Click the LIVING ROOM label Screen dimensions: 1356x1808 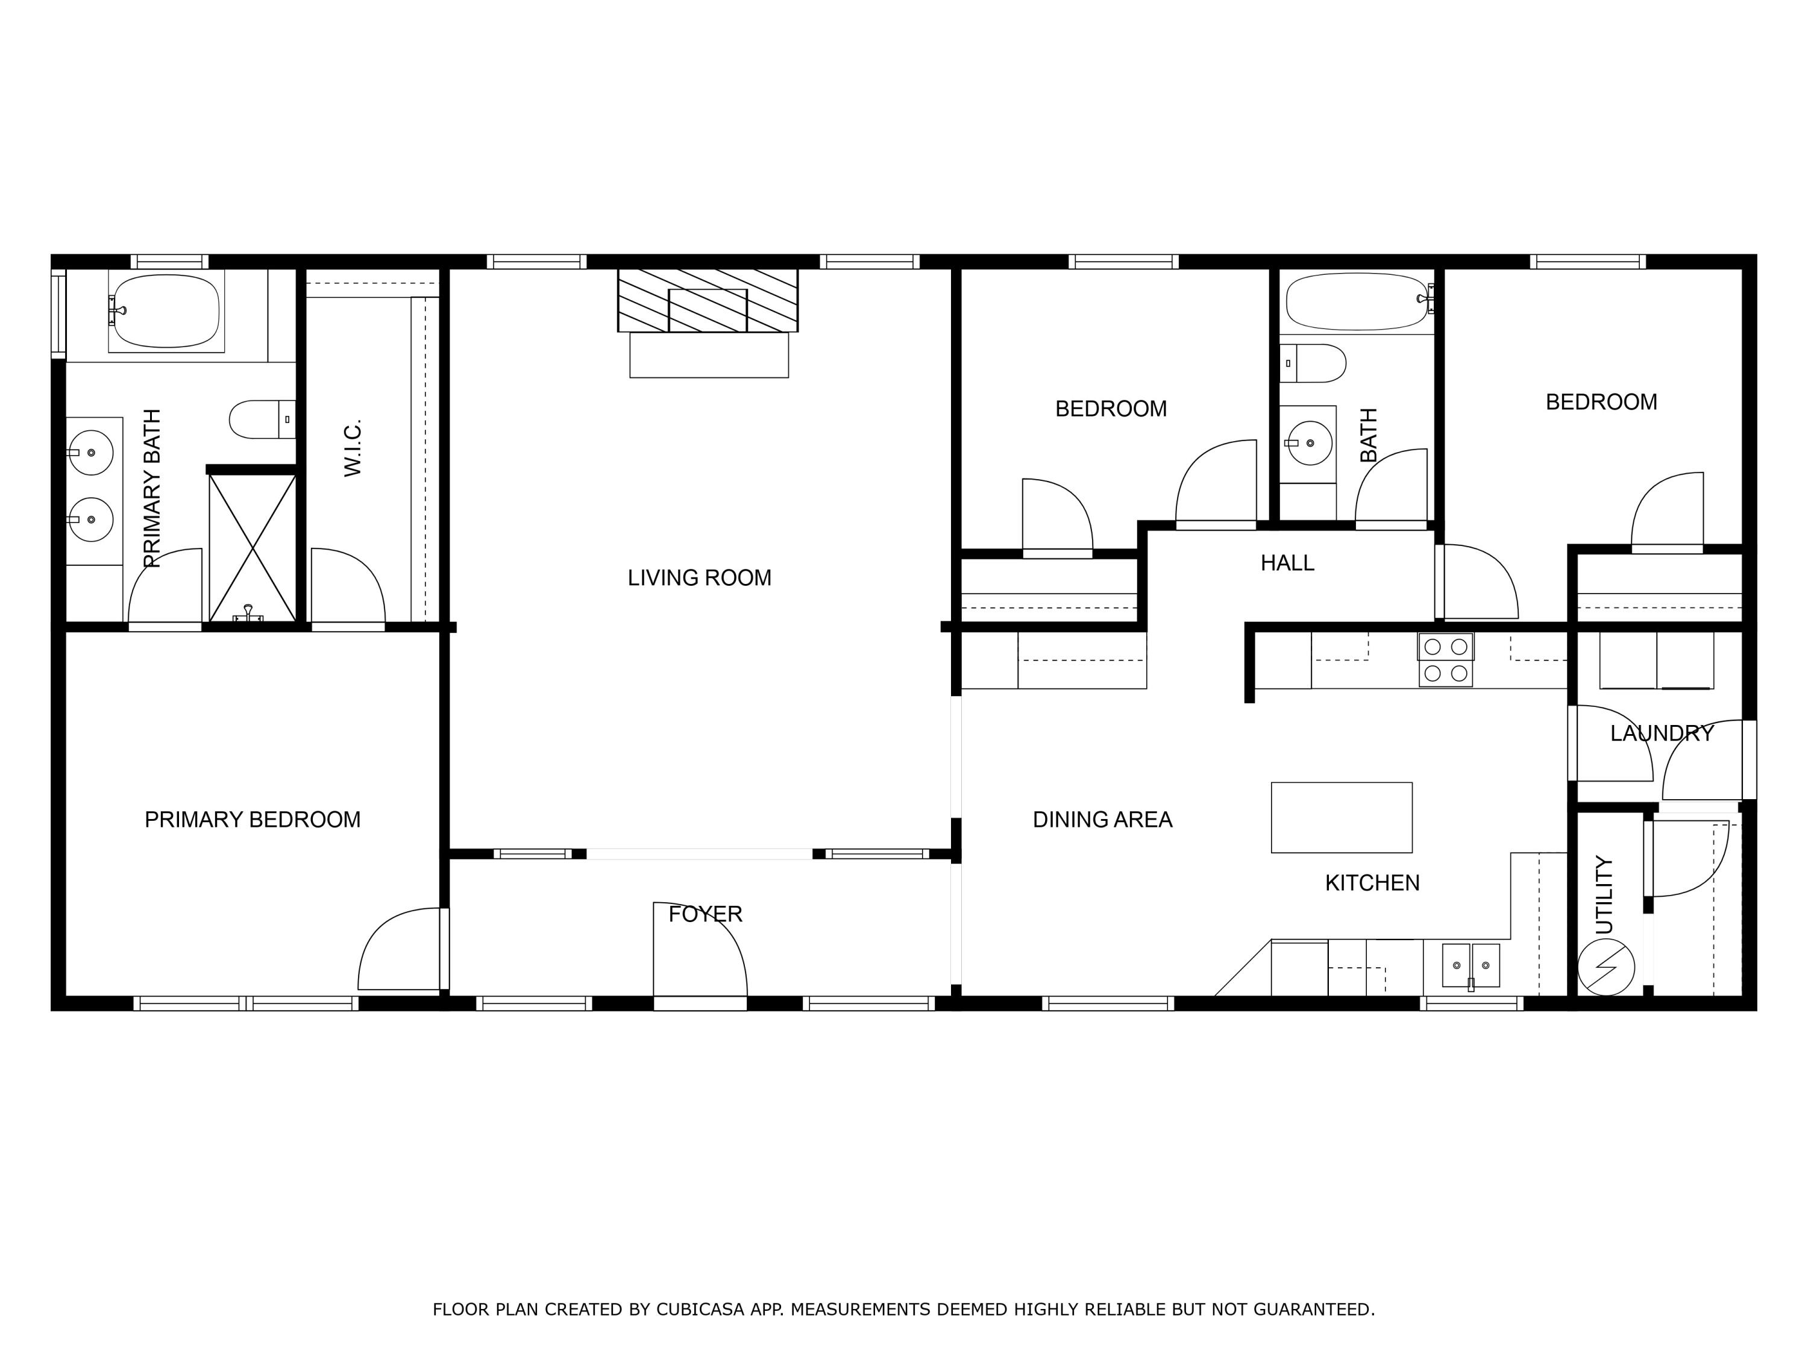[x=699, y=578]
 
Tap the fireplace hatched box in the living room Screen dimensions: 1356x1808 [x=707, y=300]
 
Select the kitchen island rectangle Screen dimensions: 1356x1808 [x=1342, y=817]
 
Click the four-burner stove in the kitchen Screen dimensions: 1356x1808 [x=1445, y=659]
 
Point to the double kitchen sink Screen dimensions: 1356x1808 [x=1471, y=965]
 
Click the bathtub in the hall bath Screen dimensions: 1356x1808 [x=1358, y=301]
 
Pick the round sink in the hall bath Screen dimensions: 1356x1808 [x=1310, y=443]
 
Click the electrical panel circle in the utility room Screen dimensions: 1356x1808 [x=1606, y=967]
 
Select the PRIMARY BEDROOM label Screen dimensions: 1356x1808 [x=253, y=820]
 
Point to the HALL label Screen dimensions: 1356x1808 [x=1287, y=563]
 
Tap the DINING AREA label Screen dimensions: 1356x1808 [x=1102, y=820]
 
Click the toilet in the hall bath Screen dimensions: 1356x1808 [x=1313, y=364]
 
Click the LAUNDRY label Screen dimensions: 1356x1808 [x=1661, y=733]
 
